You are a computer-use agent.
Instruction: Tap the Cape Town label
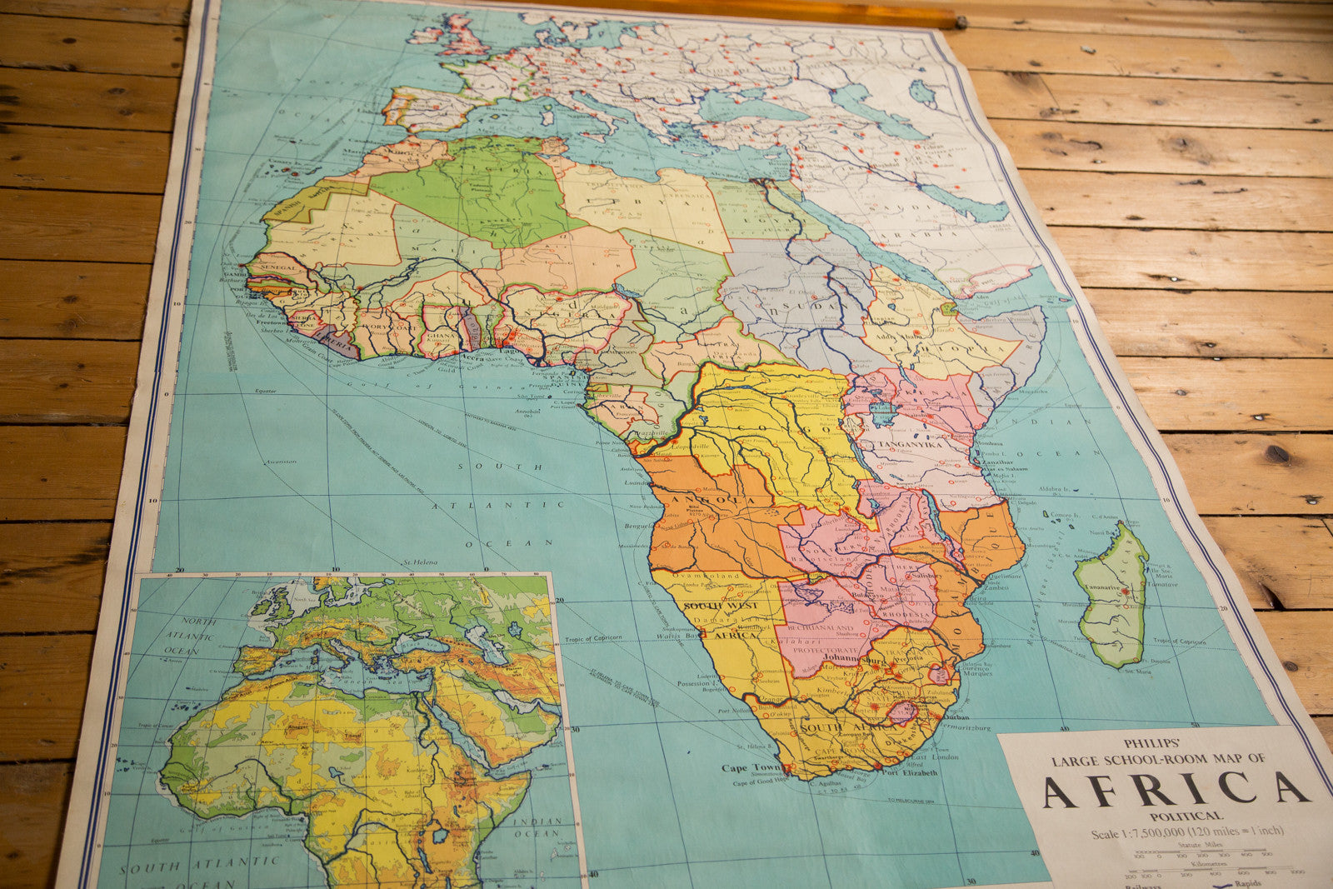[746, 767]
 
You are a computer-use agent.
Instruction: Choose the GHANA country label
[442, 336]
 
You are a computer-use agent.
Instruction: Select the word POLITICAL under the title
[1186, 816]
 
